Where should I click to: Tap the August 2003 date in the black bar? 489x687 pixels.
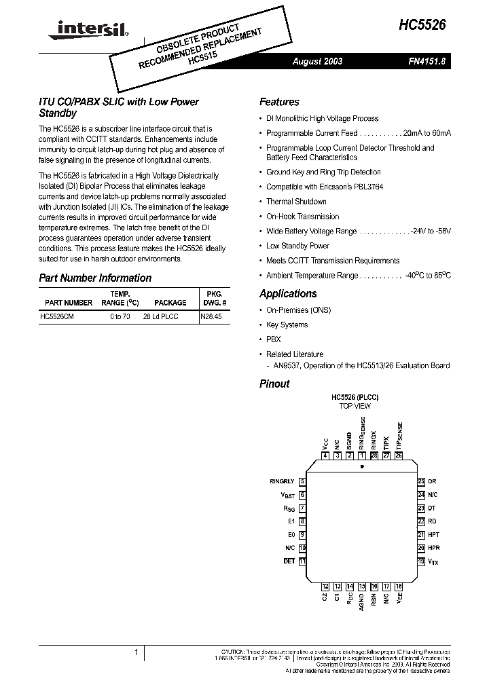[317, 61]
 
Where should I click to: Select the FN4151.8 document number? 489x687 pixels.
[426, 61]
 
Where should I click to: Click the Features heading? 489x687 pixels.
[279, 102]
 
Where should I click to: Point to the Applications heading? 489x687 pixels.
[288, 293]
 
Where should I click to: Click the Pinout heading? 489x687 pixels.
[274, 384]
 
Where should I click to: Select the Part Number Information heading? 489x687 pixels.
[95, 278]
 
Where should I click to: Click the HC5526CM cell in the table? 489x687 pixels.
[57, 317]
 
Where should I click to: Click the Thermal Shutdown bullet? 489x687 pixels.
[296, 202]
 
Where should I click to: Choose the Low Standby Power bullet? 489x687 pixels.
[297, 246]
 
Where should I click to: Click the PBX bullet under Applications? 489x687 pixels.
[273, 339]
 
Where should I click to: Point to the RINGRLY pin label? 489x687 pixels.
[282, 481]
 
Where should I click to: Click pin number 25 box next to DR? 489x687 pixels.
[421, 481]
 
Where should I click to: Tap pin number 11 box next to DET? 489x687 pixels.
[302, 561]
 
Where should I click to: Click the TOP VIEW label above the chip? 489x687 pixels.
[355, 406]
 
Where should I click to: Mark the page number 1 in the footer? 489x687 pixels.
[136, 652]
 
